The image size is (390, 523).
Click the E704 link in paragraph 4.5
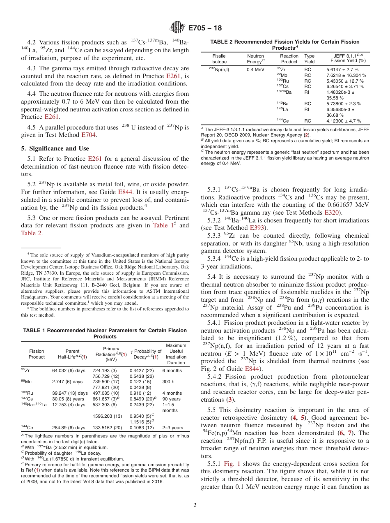pyautogui.click(x=88, y=134)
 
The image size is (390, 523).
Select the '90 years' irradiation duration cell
pyautogui.click(x=171, y=398)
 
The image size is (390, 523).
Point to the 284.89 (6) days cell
pyautogui.click(x=69, y=428)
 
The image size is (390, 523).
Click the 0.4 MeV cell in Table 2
pyautogui.click(x=255, y=69)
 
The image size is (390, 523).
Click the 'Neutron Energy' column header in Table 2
pyautogui.click(x=256, y=58)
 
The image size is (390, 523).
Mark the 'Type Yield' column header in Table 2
pyautogui.click(x=310, y=58)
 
